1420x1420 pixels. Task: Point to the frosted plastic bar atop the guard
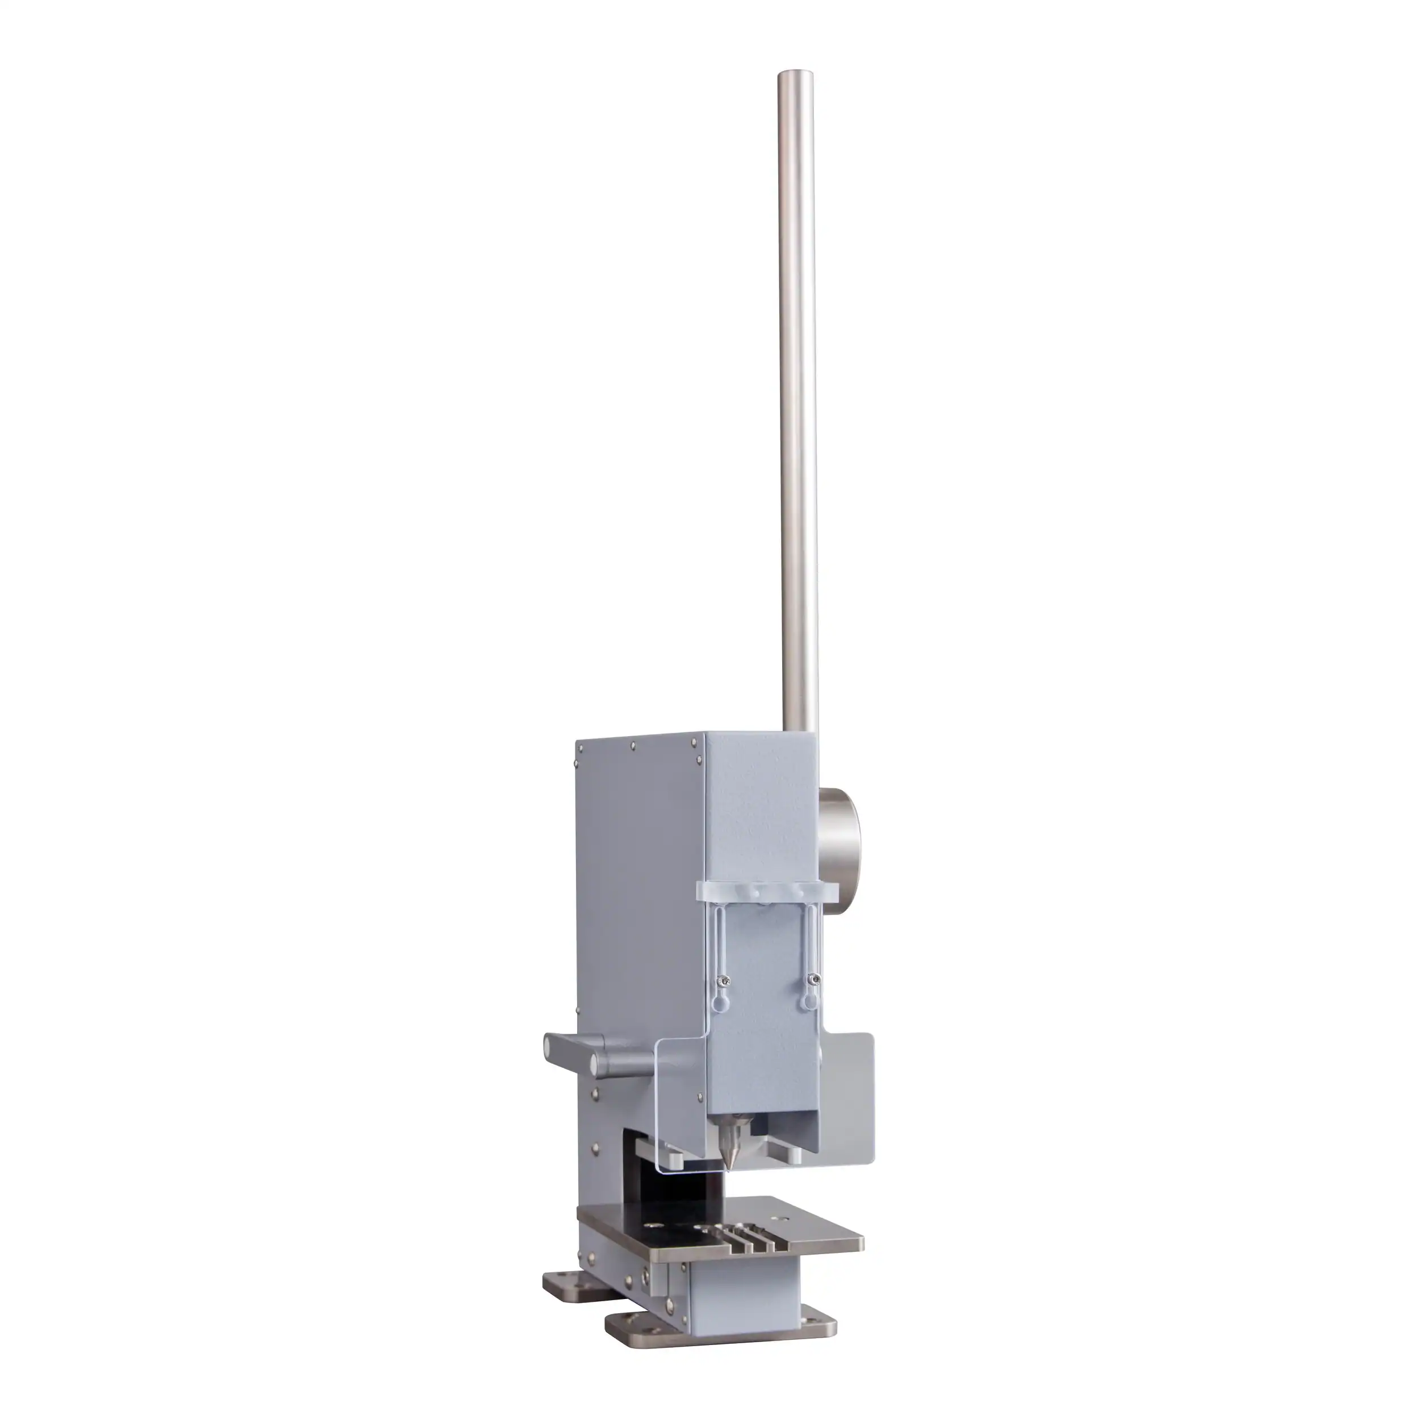pos(766,892)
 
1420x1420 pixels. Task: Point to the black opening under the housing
pos(662,1191)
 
